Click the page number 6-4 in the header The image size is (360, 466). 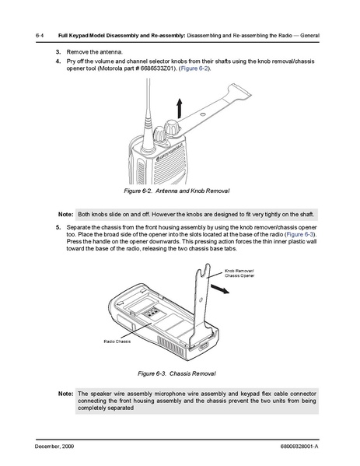click(40, 35)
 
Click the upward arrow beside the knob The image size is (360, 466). click(179, 108)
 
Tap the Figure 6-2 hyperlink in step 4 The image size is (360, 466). click(194, 68)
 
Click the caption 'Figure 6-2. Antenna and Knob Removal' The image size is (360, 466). click(177, 191)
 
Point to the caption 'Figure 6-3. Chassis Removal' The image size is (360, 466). click(177, 373)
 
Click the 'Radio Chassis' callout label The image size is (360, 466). click(117, 342)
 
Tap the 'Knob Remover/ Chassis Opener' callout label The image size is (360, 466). click(239, 273)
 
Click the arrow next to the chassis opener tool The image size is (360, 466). click(220, 289)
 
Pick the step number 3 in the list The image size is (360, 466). click(58, 52)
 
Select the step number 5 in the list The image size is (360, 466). click(58, 227)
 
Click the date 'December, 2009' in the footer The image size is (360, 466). click(54, 446)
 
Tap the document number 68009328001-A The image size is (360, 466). click(299, 446)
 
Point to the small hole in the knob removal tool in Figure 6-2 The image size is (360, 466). click(203, 114)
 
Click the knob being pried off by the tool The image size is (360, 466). click(172, 128)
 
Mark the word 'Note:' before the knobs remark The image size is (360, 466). click(65, 214)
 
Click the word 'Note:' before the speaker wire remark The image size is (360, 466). click(65, 394)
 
